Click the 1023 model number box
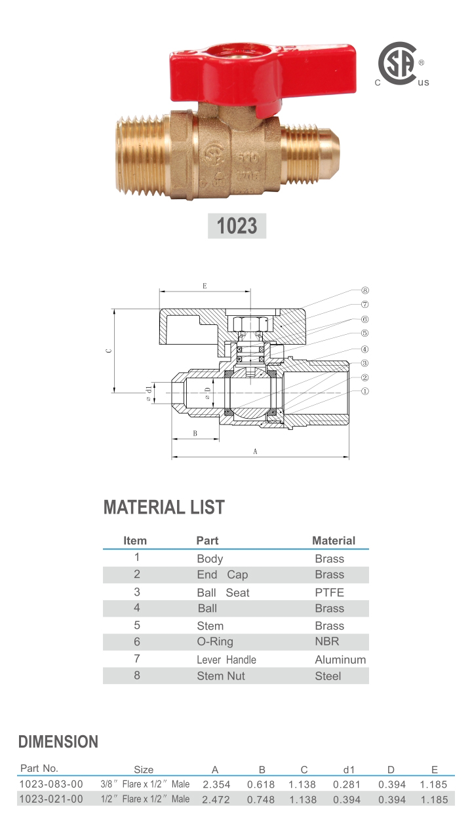[x=237, y=226]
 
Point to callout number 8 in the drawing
[x=365, y=290]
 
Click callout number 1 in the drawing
[x=365, y=392]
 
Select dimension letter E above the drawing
[x=205, y=286]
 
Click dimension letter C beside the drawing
[x=109, y=351]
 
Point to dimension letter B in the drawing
[x=195, y=434]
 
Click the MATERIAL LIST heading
[x=164, y=507]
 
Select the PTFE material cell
[x=329, y=592]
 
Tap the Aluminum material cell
[x=340, y=660]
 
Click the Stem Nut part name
[x=220, y=676]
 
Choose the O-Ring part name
[x=214, y=642]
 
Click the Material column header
[x=333, y=541]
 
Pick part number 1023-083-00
[x=52, y=784]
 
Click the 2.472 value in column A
[x=216, y=799]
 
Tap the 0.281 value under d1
[x=347, y=784]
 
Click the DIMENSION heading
[x=58, y=742]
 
